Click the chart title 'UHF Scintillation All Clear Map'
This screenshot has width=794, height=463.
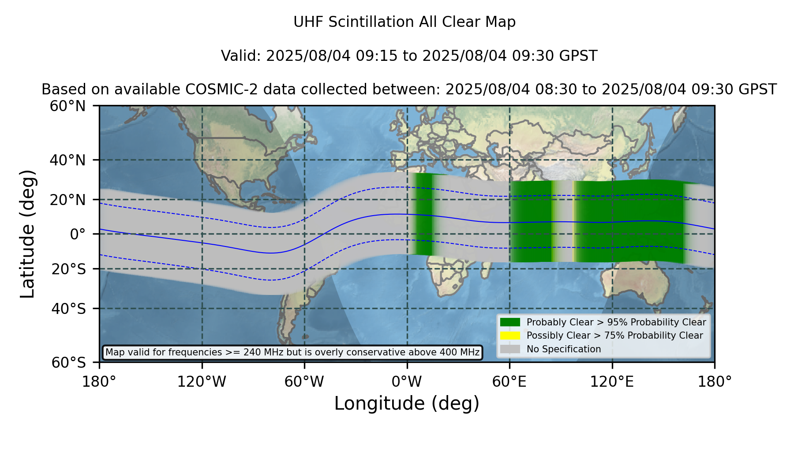point(404,22)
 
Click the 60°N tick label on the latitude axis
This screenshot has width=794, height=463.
point(68,106)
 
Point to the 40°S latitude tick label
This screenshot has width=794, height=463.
point(69,309)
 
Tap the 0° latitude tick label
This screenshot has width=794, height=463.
point(78,234)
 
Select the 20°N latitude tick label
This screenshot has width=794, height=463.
point(68,200)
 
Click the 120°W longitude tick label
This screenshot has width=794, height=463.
point(202,381)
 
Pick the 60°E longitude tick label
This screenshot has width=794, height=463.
point(509,381)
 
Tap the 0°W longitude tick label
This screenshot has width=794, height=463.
point(407,381)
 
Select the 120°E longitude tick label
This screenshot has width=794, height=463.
point(612,381)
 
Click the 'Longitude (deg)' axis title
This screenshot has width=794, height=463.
point(407,403)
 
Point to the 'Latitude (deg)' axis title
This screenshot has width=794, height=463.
point(27,234)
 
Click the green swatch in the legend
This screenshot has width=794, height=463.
point(510,322)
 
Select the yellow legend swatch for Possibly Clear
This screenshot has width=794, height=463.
point(510,336)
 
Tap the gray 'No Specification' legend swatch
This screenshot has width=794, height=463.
point(510,349)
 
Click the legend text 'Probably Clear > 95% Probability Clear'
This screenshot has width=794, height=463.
point(616,322)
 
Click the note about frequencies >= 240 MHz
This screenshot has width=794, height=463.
point(292,352)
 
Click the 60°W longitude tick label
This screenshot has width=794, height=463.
point(304,381)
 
